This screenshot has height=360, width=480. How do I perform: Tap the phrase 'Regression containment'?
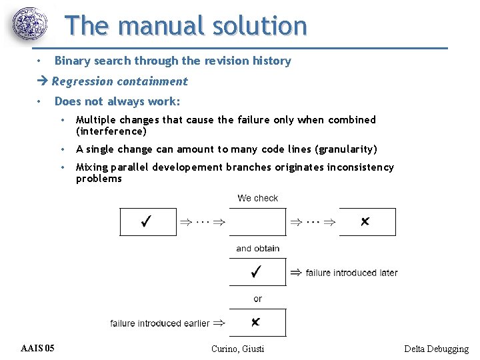(x=120, y=81)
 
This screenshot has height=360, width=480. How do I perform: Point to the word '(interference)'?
(x=111, y=131)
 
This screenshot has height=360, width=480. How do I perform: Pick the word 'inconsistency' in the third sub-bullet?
(x=360, y=167)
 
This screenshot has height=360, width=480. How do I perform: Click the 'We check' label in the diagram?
(x=257, y=198)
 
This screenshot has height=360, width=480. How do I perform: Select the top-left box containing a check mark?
(x=148, y=222)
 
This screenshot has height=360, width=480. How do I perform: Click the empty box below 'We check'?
(x=257, y=222)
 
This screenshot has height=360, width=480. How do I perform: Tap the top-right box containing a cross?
(x=367, y=222)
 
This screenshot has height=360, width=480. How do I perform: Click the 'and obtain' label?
(x=257, y=249)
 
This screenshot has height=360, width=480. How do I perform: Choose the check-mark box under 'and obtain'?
(x=257, y=272)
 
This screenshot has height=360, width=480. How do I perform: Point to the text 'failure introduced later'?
(x=351, y=273)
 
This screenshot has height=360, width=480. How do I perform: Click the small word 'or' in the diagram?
(x=257, y=299)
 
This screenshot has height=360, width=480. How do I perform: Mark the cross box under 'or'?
(x=257, y=323)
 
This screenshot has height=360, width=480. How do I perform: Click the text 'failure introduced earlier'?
(x=160, y=323)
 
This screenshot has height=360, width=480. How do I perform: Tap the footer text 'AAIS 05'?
(x=38, y=348)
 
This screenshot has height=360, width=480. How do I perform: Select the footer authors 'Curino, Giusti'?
(x=237, y=349)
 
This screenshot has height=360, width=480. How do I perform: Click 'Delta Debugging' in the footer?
(x=436, y=349)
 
